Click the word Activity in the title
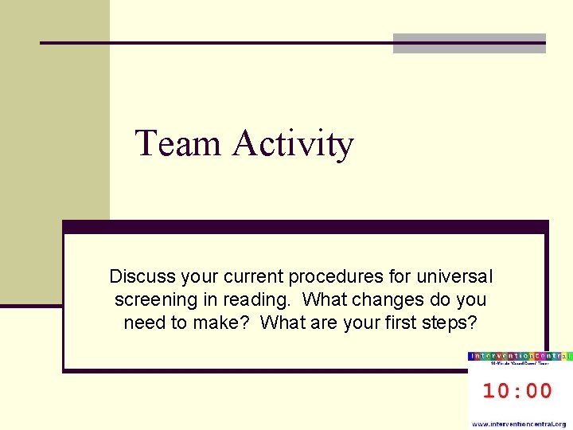[293, 144]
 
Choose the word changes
[384, 300]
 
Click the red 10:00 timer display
[518, 390]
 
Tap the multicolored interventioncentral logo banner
[520, 355]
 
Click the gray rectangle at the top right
[470, 43]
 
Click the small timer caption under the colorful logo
[520, 364]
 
